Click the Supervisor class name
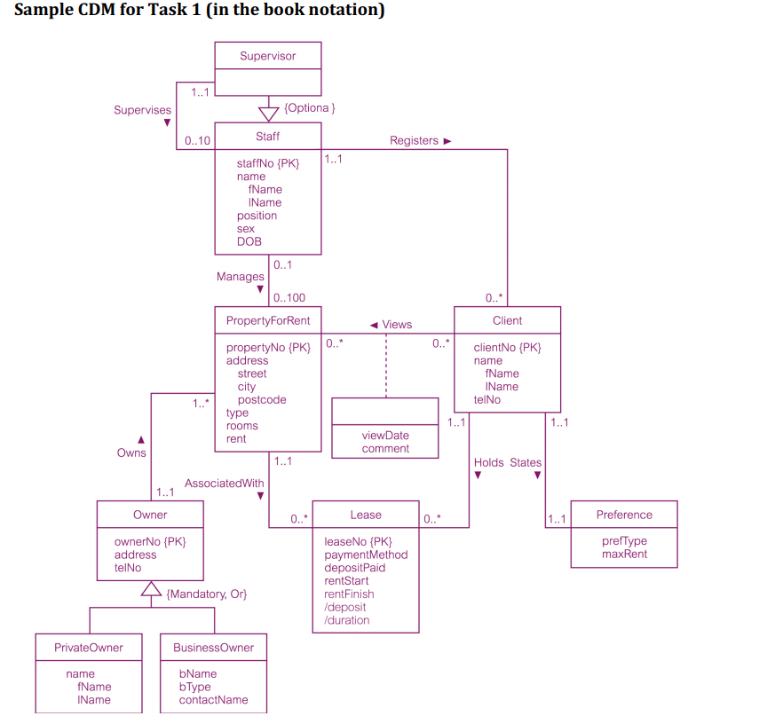coord(267,56)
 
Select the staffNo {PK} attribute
coord(268,163)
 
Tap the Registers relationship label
coord(414,140)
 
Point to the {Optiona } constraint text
coord(310,107)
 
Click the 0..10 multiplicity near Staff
coord(197,141)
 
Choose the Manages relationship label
coord(240,277)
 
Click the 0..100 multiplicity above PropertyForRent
coord(289,298)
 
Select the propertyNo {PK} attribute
coord(268,348)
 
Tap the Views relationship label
coord(397,325)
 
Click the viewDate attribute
coord(385,436)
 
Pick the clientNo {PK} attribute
coord(507,348)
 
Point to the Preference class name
coord(623,515)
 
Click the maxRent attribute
coord(624,555)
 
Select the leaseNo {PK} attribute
coord(358,541)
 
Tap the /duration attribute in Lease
coord(347,620)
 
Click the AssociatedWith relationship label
coord(224,484)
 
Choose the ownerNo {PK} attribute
coord(150,541)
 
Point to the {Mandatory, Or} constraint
coord(206,594)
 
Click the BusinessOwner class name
coord(213,648)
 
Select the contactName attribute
coord(213,700)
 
